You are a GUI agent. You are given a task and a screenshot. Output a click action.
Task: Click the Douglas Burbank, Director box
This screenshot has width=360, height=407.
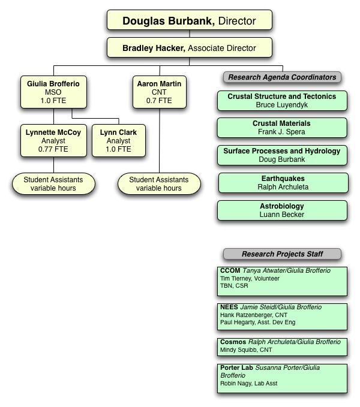click(x=189, y=21)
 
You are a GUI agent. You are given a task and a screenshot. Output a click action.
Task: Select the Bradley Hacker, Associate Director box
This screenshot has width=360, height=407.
click(x=189, y=48)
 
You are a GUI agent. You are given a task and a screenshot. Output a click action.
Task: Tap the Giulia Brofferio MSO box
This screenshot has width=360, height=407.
click(x=53, y=92)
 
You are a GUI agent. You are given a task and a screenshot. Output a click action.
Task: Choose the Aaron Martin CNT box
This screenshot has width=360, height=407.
click(x=159, y=92)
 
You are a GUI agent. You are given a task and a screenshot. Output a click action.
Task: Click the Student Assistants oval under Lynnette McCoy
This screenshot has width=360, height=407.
click(x=53, y=183)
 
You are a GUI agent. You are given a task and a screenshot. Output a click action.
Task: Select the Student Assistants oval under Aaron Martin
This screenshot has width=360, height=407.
click(x=159, y=183)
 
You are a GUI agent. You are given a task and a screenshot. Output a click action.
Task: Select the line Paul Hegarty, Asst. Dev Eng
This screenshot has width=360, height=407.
click(x=257, y=322)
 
